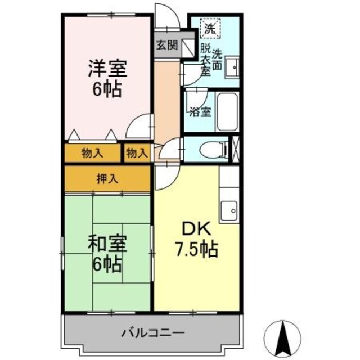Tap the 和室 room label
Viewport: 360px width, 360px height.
tap(107, 244)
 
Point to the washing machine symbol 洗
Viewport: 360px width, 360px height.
tap(210, 27)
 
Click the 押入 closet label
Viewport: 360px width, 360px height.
tap(107, 179)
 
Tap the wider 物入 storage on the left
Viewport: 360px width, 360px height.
tap(92, 152)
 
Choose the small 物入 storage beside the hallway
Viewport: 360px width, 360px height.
tap(137, 152)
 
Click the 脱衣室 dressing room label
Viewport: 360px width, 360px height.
tap(205, 59)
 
